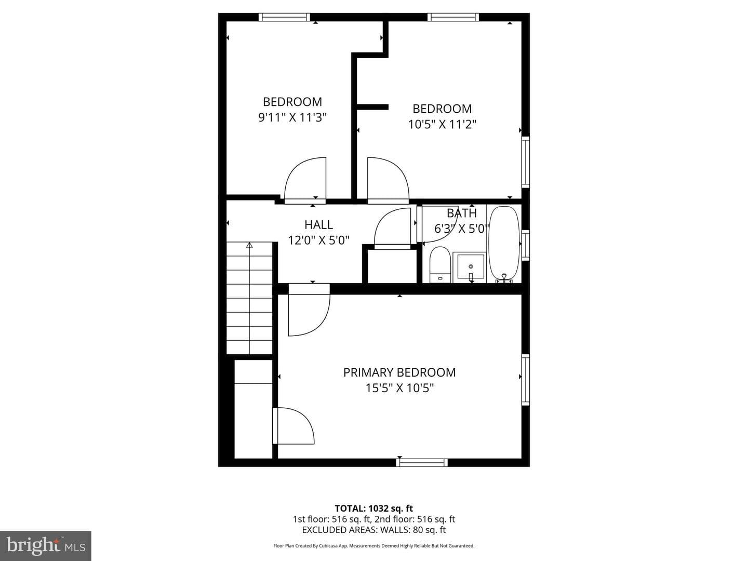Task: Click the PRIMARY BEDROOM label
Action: click(399, 372)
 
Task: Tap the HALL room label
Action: click(318, 225)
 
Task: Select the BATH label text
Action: click(462, 213)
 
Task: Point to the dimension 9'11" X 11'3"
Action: click(292, 117)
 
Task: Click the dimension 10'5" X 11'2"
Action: click(442, 124)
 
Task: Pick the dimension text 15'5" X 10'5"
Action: click(399, 388)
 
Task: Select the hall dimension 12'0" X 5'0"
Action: click(318, 241)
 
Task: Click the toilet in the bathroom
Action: click(440, 265)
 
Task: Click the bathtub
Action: click(504, 244)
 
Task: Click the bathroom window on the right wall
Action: click(526, 245)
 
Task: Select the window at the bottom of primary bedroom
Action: click(422, 462)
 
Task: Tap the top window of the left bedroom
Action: click(284, 17)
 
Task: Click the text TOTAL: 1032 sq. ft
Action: click(374, 509)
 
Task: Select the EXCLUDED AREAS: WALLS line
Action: click(374, 530)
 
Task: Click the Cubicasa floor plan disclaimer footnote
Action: click(374, 545)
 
